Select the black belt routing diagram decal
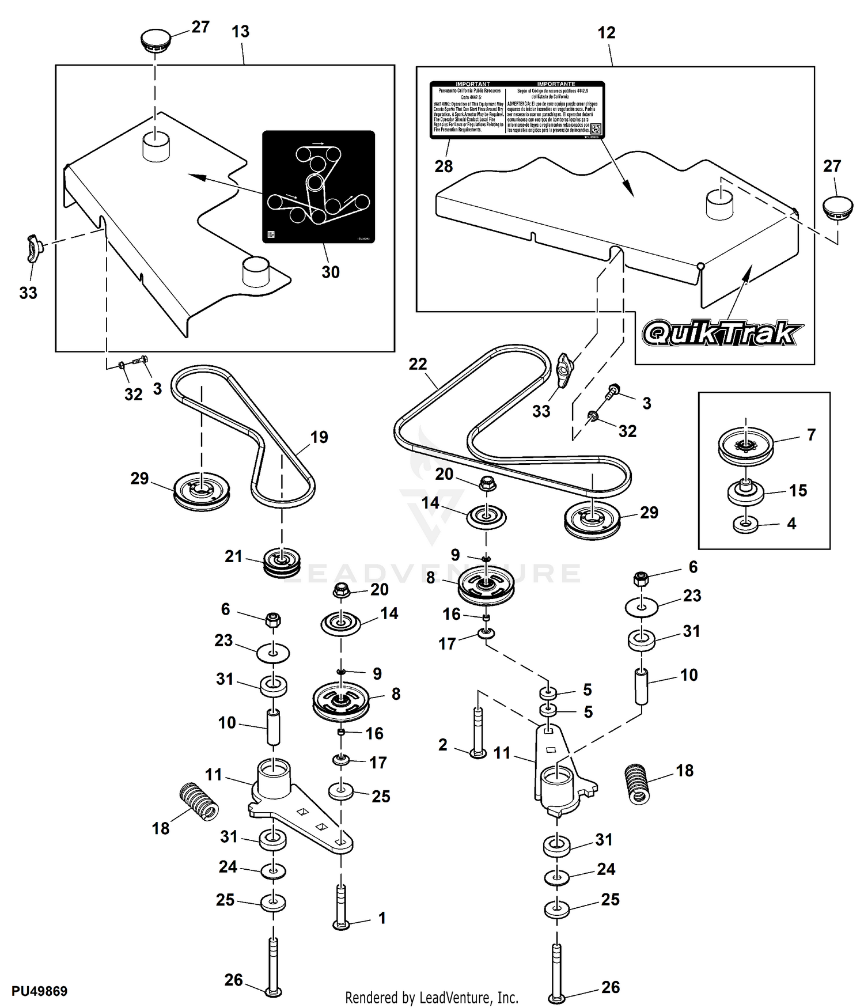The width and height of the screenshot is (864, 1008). click(319, 187)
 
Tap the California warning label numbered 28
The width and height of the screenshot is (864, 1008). click(517, 109)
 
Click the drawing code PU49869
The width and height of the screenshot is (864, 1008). click(40, 991)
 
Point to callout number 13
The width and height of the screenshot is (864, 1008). click(240, 32)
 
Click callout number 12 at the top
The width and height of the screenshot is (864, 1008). click(607, 33)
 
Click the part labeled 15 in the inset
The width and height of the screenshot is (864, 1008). click(745, 491)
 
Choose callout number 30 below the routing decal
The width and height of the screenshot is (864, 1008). click(330, 272)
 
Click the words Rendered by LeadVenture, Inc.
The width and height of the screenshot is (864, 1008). click(431, 997)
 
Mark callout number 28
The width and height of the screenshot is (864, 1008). click(444, 166)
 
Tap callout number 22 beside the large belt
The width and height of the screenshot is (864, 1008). click(418, 364)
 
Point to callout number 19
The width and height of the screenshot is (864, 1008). click(319, 437)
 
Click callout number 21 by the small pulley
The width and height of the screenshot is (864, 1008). click(233, 556)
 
